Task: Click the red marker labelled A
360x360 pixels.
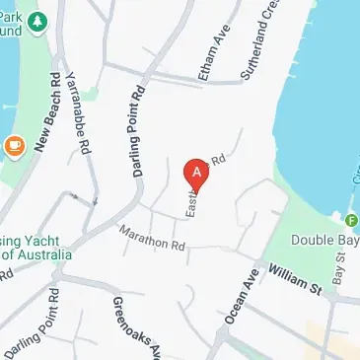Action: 197,174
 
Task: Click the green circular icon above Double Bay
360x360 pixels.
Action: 352,219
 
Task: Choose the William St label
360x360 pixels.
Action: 294,279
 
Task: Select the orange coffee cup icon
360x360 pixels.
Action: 15,145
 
